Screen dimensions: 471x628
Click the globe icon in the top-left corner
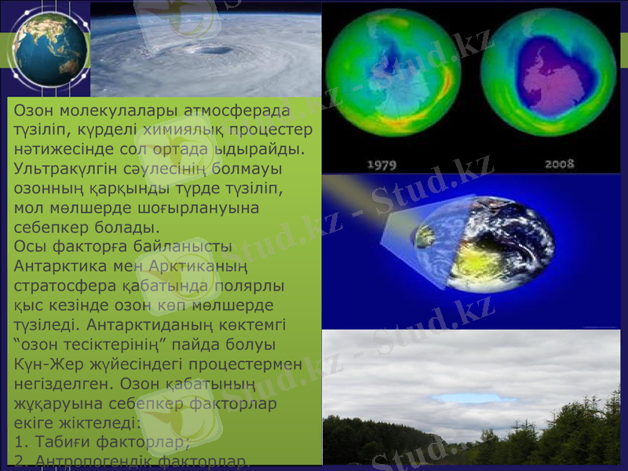[x=49, y=49]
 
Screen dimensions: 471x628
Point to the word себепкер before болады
[x=50, y=228]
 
